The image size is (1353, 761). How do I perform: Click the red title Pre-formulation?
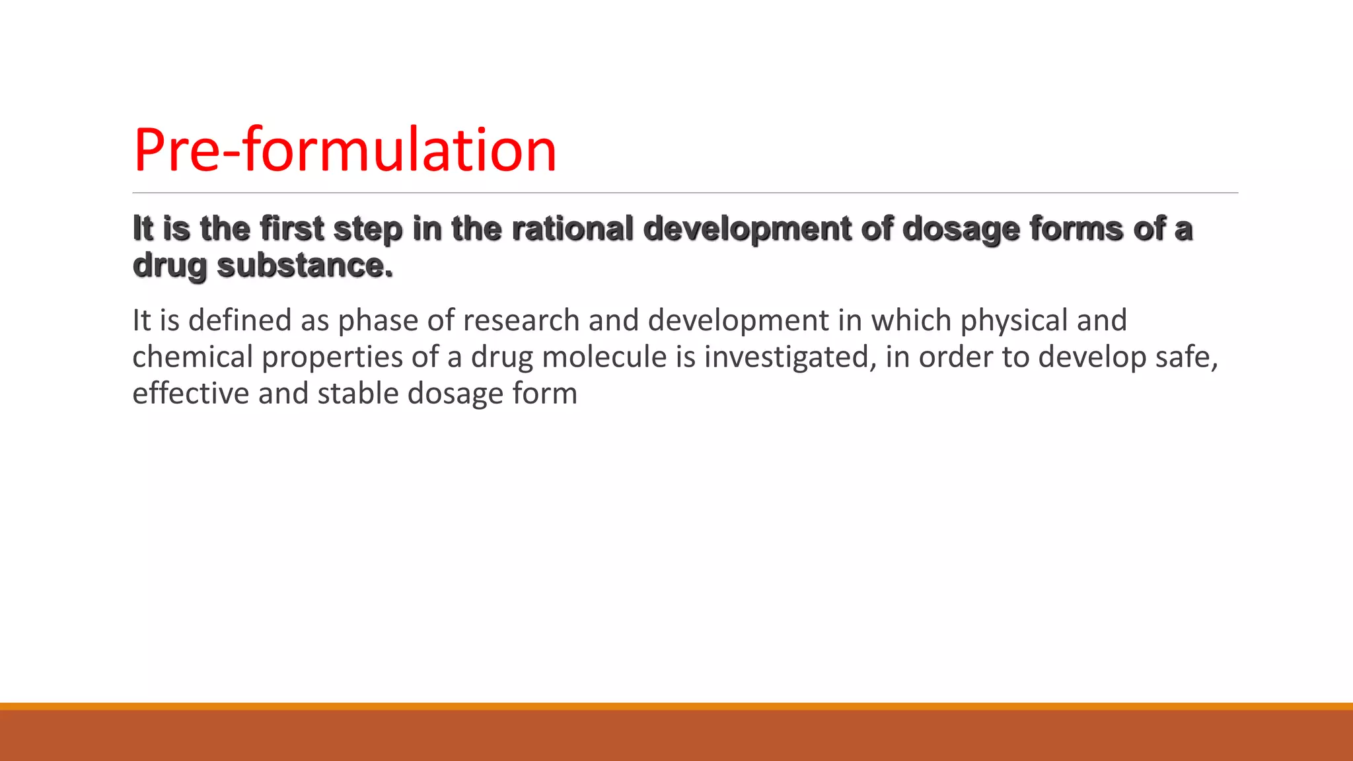pyautogui.click(x=345, y=150)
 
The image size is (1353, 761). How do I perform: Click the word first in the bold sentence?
pyautogui.click(x=292, y=229)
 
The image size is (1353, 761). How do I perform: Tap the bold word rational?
pyautogui.click(x=572, y=229)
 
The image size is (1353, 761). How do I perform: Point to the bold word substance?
pyautogui.click(x=305, y=266)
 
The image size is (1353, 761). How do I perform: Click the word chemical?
pyautogui.click(x=192, y=357)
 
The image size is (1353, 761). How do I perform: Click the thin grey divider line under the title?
pyautogui.click(x=685, y=193)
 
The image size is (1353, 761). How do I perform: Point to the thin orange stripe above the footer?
pyautogui.click(x=676, y=706)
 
